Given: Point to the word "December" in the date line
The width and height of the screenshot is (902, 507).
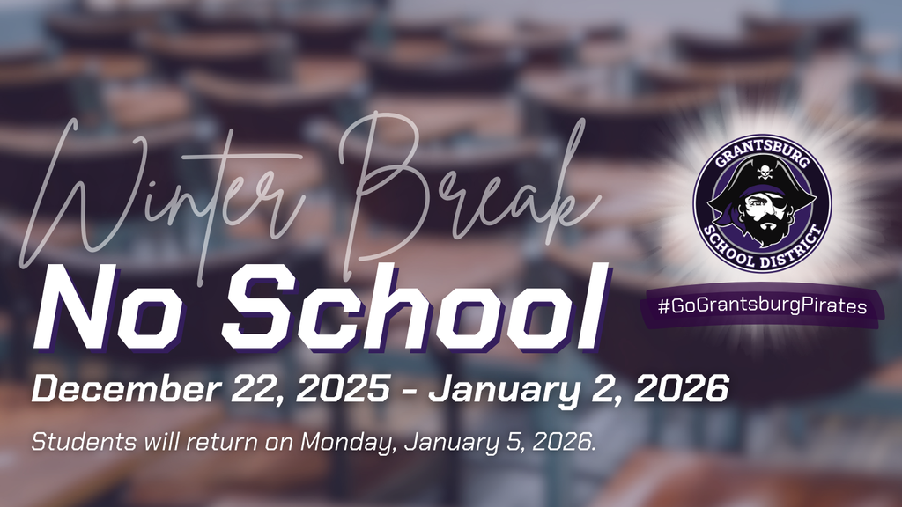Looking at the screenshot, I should coord(119,387).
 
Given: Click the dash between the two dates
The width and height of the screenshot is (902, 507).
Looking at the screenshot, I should coord(409,388).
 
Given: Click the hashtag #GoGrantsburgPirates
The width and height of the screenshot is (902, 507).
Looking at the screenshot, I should coord(762,306).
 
